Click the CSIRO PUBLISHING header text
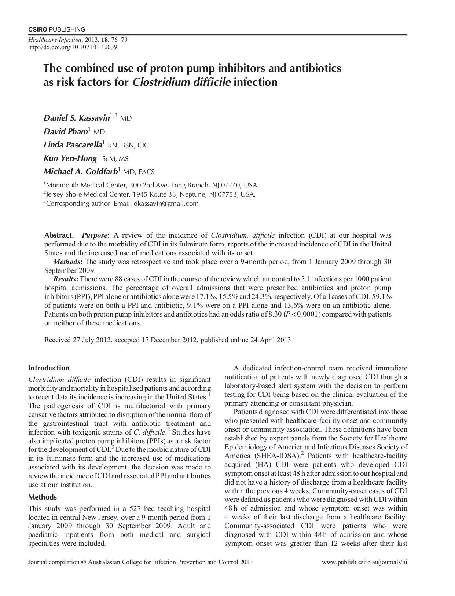click(x=57, y=29)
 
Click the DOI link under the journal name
click(x=73, y=47)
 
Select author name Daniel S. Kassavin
click(x=77, y=118)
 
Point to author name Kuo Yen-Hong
click(x=70, y=158)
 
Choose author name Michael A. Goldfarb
click(x=81, y=172)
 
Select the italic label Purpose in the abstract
click(x=95, y=235)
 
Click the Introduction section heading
click(x=49, y=368)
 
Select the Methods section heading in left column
click(x=43, y=497)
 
